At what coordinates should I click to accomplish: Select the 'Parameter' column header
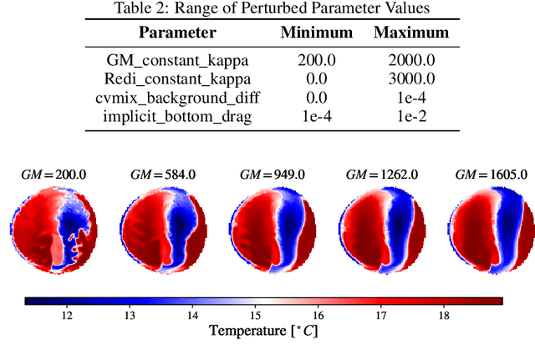[176, 33]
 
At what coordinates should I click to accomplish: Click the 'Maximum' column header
[410, 33]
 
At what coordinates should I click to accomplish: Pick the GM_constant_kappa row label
[176, 62]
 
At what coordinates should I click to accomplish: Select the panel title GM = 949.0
[270, 175]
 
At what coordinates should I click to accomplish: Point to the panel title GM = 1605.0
[491, 175]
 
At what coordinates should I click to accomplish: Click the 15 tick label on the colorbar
[255, 316]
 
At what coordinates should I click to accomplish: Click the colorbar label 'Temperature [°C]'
[263, 332]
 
